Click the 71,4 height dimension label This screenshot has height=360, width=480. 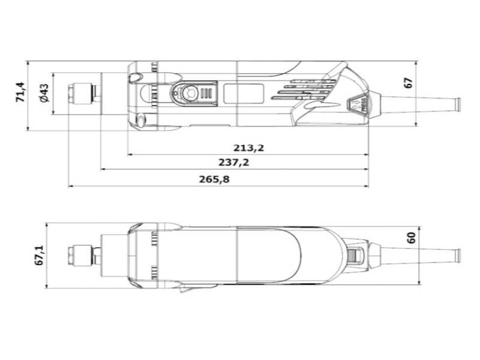tap(19, 93)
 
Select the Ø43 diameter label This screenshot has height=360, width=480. tap(44, 94)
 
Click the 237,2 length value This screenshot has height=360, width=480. tap(234, 163)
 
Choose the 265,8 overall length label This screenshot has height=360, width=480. tap(214, 179)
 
